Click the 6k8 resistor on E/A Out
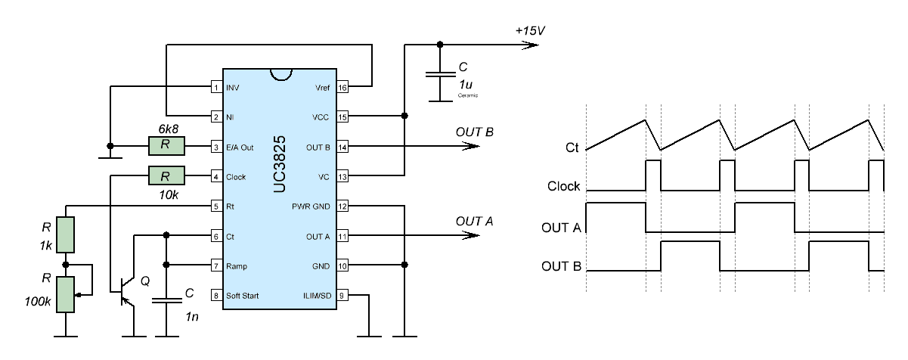[x=166, y=146]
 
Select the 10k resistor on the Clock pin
[x=166, y=175]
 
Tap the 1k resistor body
[x=65, y=234]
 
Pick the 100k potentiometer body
[x=65, y=295]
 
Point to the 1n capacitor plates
[x=166, y=300]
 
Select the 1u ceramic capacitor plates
[x=440, y=74]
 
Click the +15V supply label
[x=530, y=31]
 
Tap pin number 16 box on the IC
[x=342, y=87]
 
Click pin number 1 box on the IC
[x=216, y=87]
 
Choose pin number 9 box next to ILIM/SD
[x=342, y=296]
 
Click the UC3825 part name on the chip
[x=280, y=164]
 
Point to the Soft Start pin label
[x=242, y=296]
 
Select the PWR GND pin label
[x=311, y=206]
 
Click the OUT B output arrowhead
[x=471, y=146]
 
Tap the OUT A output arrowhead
[x=471, y=235]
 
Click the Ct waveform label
[x=572, y=147]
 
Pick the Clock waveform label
[x=563, y=186]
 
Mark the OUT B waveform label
[x=562, y=266]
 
